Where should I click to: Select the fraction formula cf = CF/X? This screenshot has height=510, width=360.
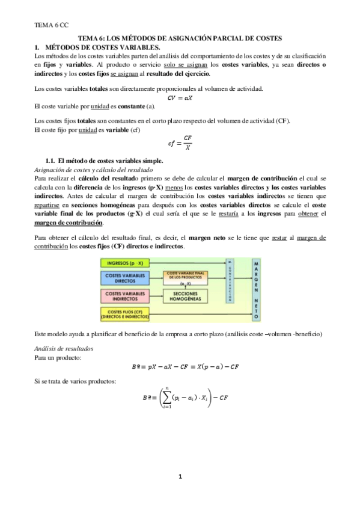pyautogui.click(x=180, y=143)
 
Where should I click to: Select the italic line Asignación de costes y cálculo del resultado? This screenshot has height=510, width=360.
pyautogui.click(x=95, y=170)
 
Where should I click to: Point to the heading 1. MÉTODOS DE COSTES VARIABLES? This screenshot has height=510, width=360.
pyautogui.click(x=97, y=46)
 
